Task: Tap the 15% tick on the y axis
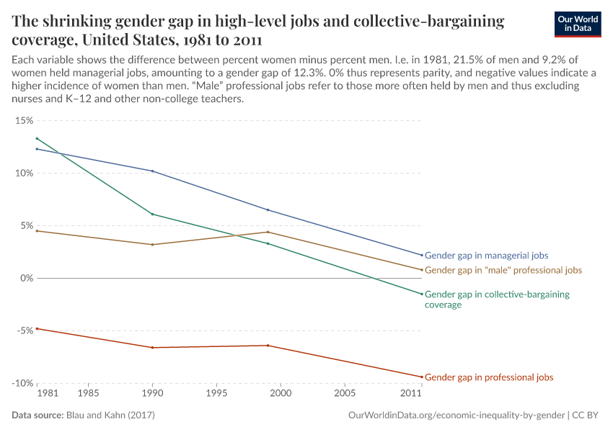point(24,120)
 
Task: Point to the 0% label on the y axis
point(26,278)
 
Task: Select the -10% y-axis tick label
point(22,383)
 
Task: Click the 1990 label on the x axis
point(151,394)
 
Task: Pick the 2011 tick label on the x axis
point(411,394)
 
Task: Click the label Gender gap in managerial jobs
point(486,256)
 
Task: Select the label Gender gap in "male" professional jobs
point(503,270)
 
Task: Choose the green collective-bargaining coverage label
point(497,300)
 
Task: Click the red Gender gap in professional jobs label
point(489,377)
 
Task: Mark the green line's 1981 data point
point(37,138)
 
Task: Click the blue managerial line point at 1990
point(151,171)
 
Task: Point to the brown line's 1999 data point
point(268,232)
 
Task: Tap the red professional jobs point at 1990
point(151,348)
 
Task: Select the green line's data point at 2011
point(421,294)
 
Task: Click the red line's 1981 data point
point(37,328)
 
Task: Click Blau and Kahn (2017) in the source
point(110,415)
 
